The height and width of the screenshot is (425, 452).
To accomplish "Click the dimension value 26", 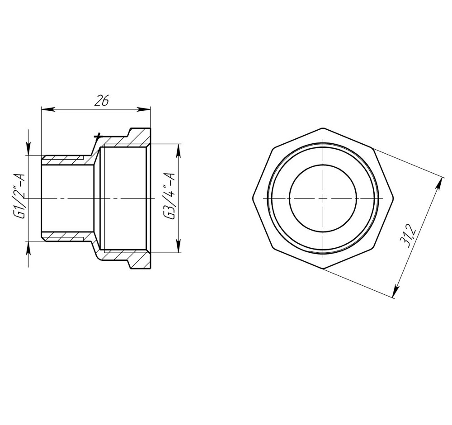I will (x=102, y=101).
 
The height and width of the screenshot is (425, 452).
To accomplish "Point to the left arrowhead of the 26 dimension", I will (x=46, y=109).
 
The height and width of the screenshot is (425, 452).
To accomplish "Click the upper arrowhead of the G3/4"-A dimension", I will (x=179, y=149).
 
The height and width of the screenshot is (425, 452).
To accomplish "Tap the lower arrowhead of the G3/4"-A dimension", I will (x=179, y=247).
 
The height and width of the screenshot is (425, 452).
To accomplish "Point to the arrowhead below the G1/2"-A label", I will (x=28, y=246).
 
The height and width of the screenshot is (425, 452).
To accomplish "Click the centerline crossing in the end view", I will (x=323, y=198).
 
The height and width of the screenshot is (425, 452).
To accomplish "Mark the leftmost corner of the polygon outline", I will (x=252, y=198).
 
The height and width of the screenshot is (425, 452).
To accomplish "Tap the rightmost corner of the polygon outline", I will (x=395, y=198).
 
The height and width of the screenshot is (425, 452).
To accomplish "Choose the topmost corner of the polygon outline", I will (x=323, y=127).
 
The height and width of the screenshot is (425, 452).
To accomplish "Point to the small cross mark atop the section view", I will (x=96, y=136).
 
